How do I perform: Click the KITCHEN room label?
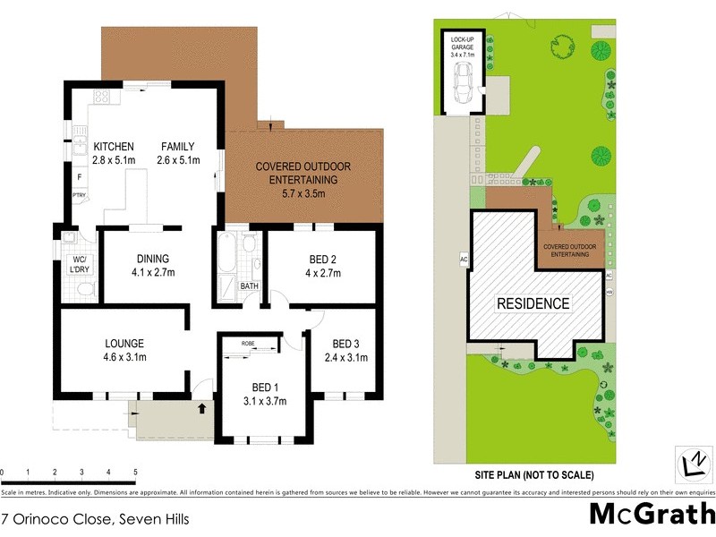tap(114, 147)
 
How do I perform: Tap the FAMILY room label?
tap(177, 147)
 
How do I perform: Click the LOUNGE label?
tap(124, 343)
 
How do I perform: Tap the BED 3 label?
tap(346, 344)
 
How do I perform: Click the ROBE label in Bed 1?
tap(249, 344)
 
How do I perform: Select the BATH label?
tap(249, 286)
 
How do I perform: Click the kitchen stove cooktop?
tap(102, 98)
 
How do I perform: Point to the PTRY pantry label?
tap(79, 194)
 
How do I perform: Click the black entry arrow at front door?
tap(200, 409)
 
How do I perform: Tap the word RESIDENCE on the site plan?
tap(533, 303)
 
